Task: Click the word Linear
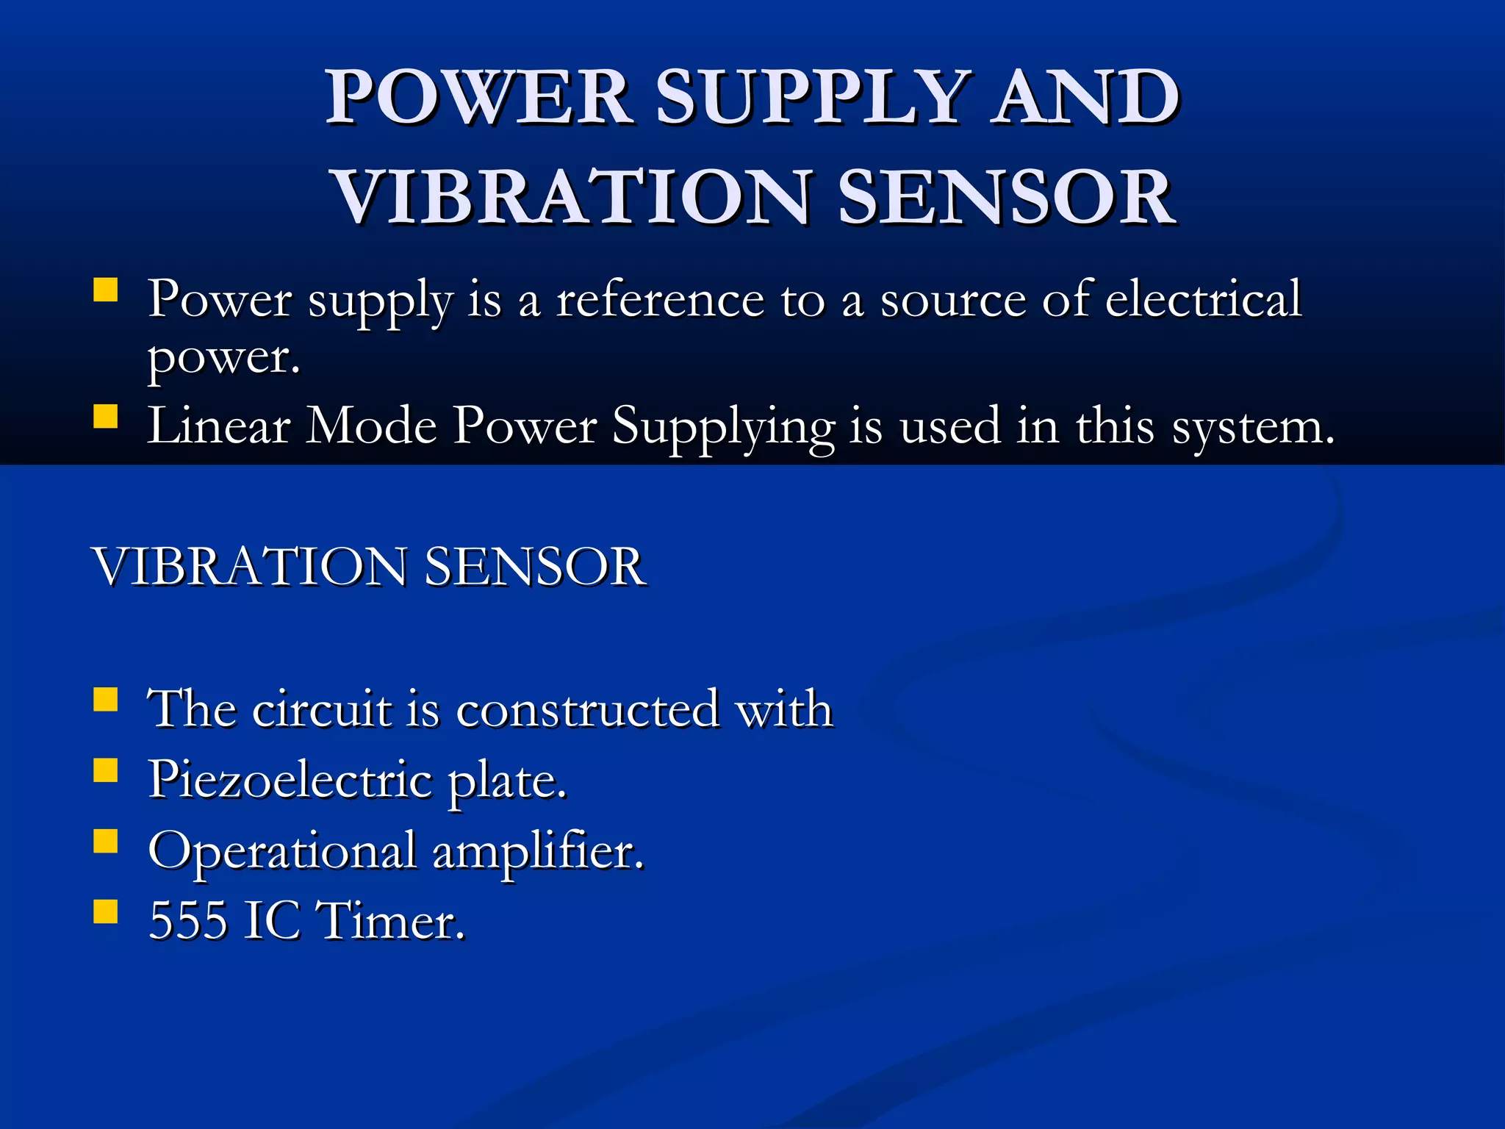(x=218, y=426)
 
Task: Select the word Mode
(x=372, y=426)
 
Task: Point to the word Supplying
(x=723, y=427)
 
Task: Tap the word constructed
(x=587, y=709)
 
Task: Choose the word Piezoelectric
(x=290, y=780)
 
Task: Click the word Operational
(x=282, y=851)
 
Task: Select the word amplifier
(x=537, y=851)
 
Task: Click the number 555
(x=187, y=920)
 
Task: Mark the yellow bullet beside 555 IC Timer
(x=106, y=911)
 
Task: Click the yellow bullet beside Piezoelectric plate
(x=106, y=770)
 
